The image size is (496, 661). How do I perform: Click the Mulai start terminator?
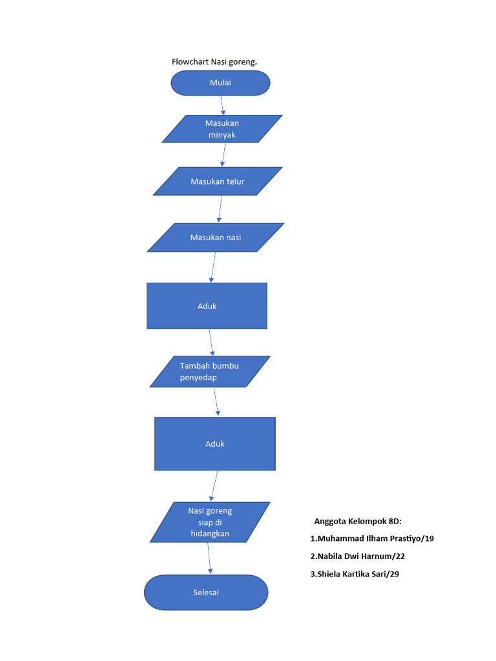click(x=220, y=83)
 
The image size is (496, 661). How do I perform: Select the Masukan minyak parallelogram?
click(x=222, y=128)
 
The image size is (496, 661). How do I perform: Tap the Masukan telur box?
click(x=218, y=181)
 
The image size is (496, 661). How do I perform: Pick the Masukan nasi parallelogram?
click(x=216, y=238)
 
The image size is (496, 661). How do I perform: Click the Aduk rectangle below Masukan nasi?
click(x=207, y=306)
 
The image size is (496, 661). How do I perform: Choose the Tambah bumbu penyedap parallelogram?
click(x=210, y=372)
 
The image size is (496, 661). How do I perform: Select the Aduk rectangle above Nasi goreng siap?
click(x=215, y=443)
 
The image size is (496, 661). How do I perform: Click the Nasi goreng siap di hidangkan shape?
click(x=210, y=522)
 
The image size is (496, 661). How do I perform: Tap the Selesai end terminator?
click(x=206, y=592)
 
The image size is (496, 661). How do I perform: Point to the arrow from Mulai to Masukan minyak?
click(x=222, y=105)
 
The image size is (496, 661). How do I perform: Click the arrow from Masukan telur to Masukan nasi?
click(x=220, y=209)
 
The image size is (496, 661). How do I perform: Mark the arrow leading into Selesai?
click(x=209, y=558)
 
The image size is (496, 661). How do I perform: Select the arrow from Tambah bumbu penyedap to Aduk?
click(x=216, y=402)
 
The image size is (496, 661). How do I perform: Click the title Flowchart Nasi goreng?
click(x=214, y=62)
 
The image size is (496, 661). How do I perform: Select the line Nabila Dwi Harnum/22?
click(x=357, y=556)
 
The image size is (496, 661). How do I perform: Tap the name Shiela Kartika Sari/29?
click(x=355, y=574)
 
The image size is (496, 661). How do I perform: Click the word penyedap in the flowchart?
click(x=198, y=378)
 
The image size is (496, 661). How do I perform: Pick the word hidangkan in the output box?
click(x=210, y=534)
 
